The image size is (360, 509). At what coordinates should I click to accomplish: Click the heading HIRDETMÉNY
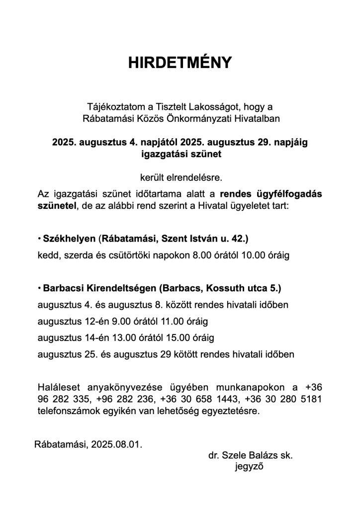tap(180, 62)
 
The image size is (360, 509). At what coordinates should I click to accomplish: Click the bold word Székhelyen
tap(69, 240)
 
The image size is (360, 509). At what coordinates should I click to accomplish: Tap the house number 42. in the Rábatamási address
tap(238, 240)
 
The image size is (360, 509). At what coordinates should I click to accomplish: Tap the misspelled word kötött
tap(186, 355)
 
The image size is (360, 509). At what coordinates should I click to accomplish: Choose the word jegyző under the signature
tap(249, 467)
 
